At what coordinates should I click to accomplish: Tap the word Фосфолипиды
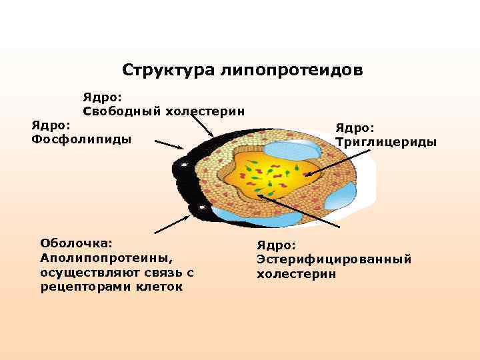[82, 139]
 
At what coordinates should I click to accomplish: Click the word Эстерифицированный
[334, 259]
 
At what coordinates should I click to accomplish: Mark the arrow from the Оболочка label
[173, 223]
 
